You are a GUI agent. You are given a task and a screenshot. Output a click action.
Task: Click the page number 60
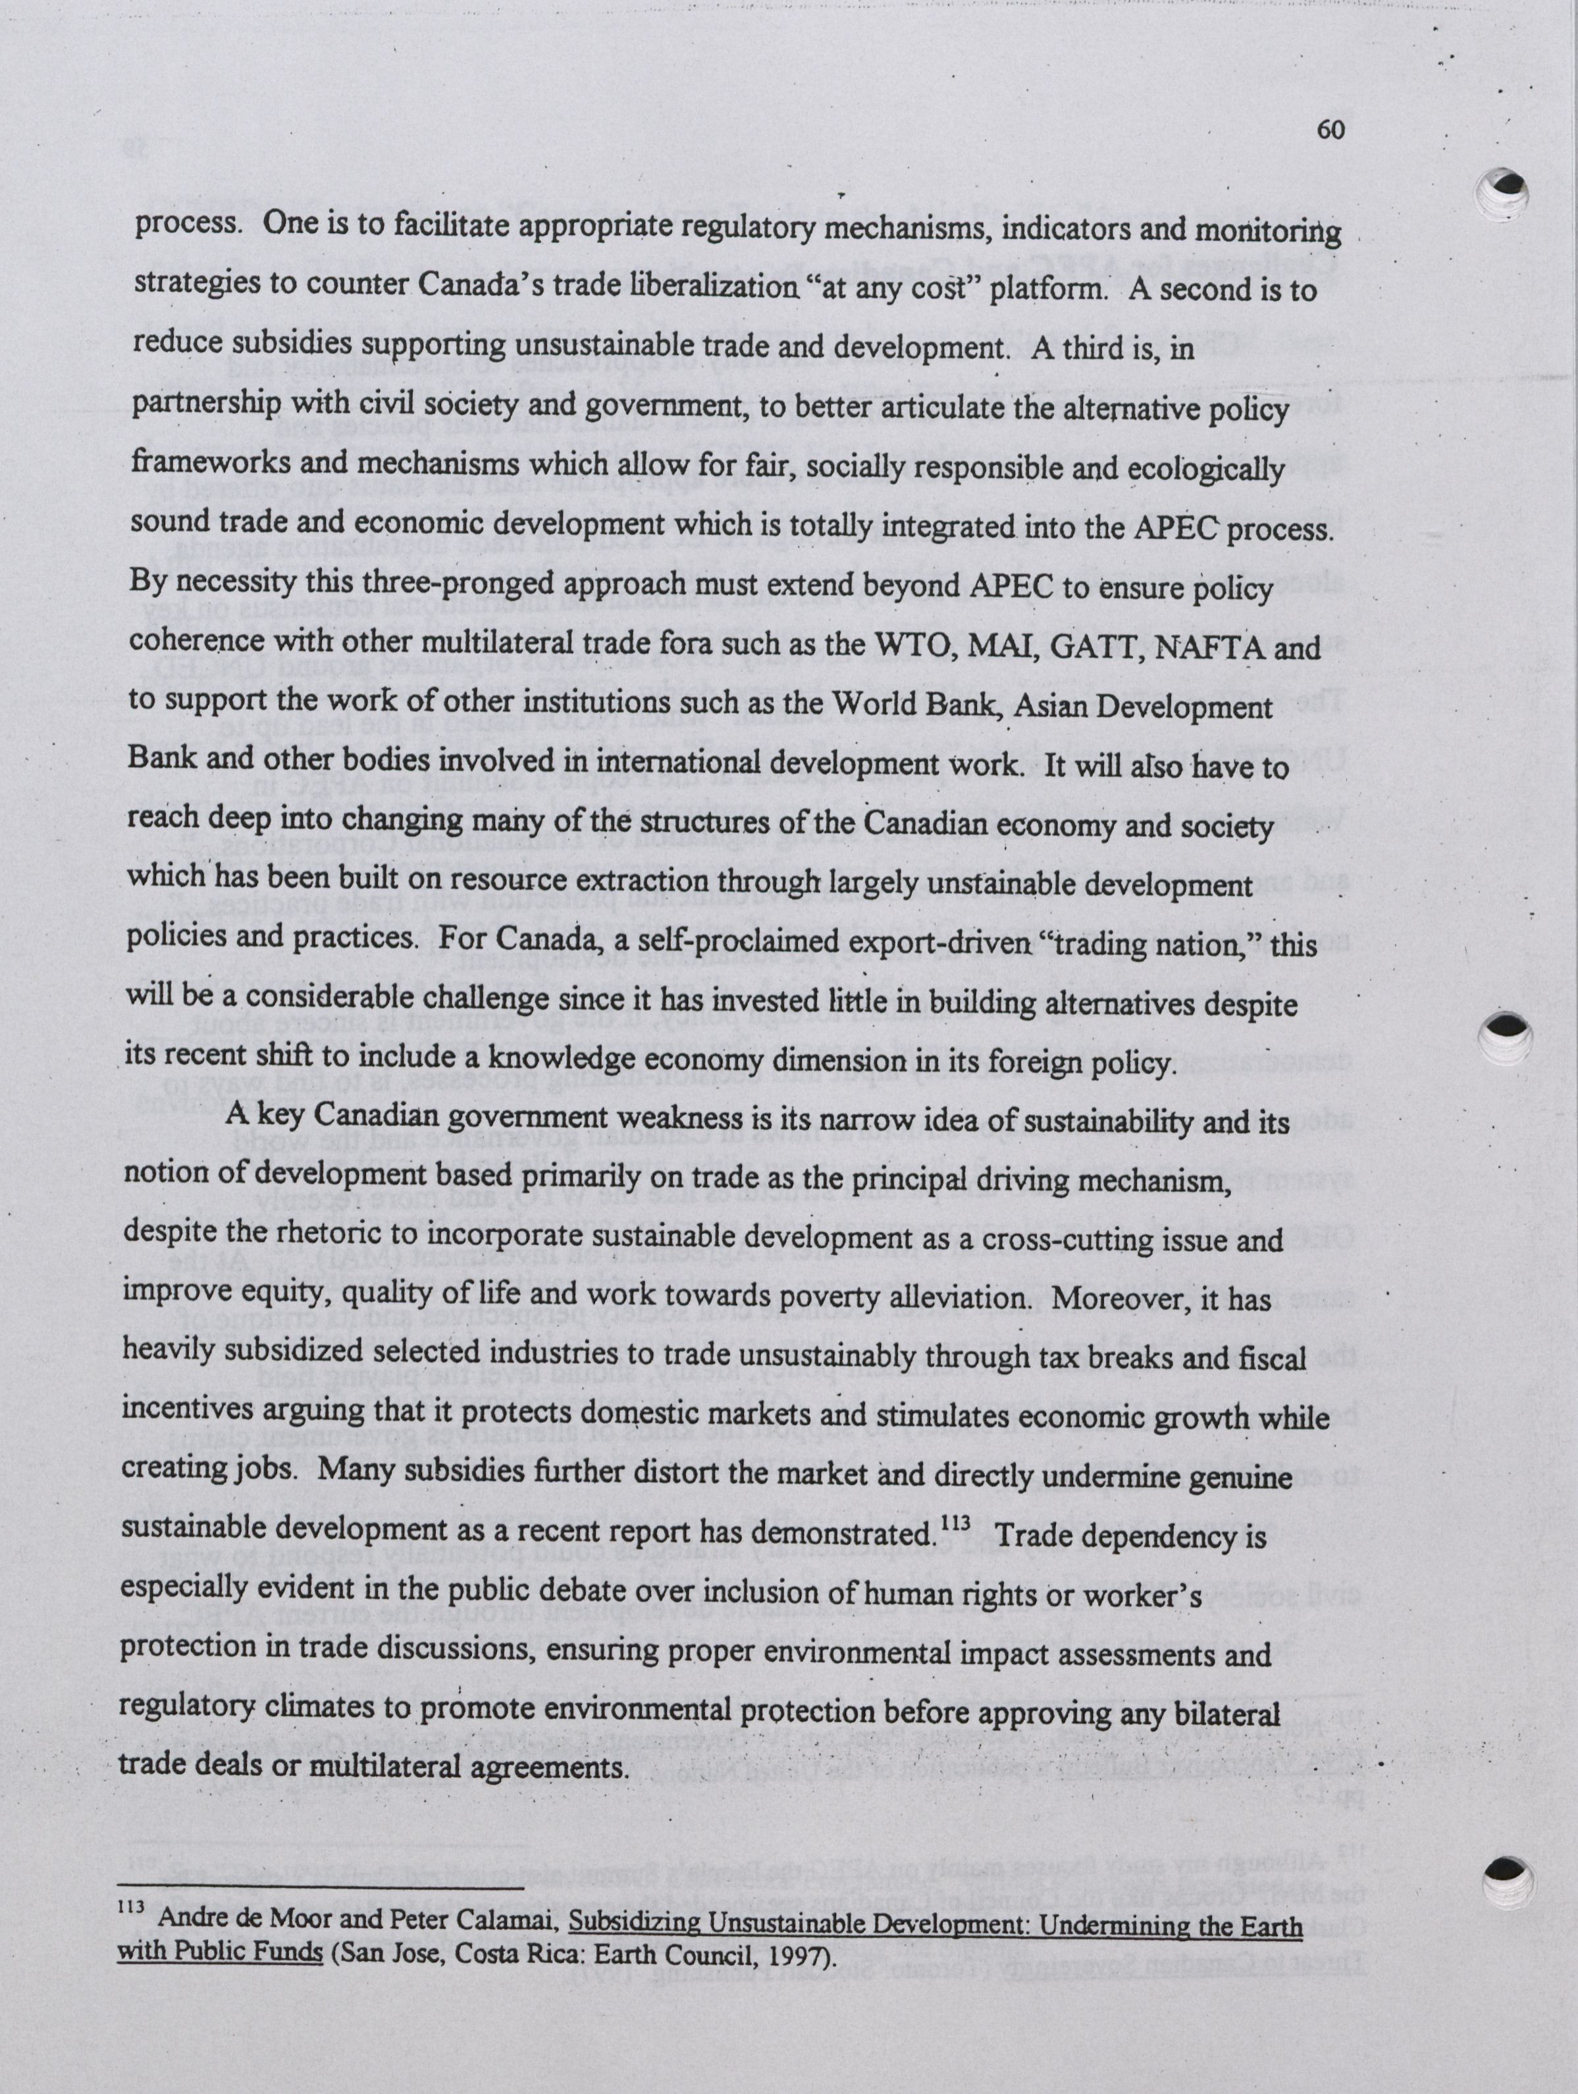point(1330,130)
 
